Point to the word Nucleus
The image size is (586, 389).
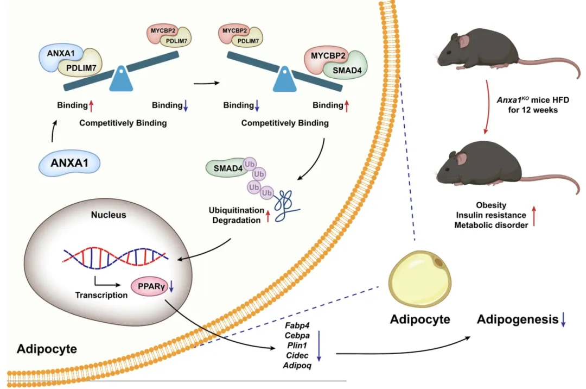[109, 215]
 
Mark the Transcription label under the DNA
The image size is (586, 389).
[102, 296]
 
